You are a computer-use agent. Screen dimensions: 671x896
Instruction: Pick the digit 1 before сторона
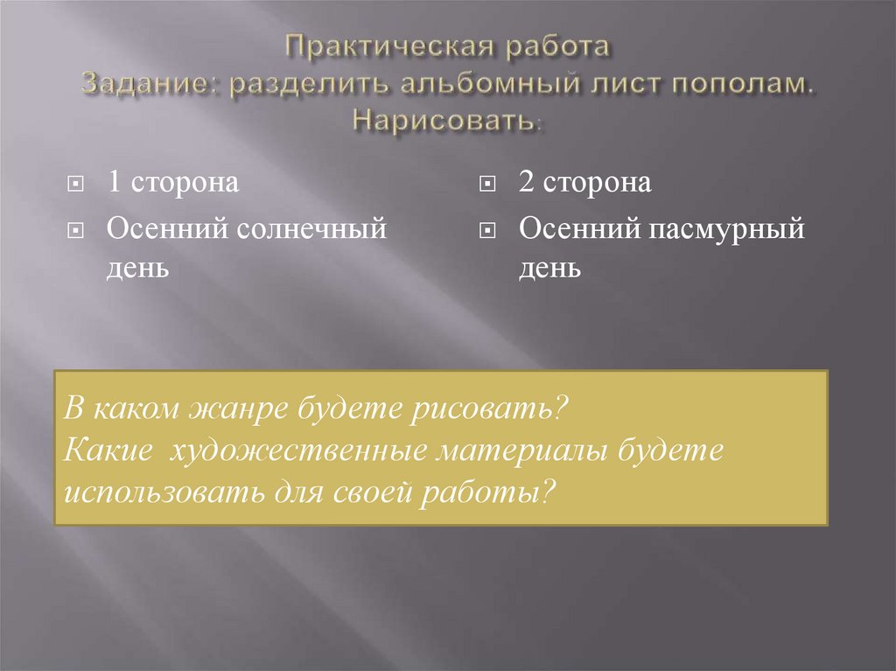pyautogui.click(x=114, y=184)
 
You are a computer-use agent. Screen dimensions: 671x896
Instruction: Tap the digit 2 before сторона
pyautogui.click(x=525, y=184)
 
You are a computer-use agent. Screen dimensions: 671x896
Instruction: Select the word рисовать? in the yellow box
pyautogui.click(x=495, y=409)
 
